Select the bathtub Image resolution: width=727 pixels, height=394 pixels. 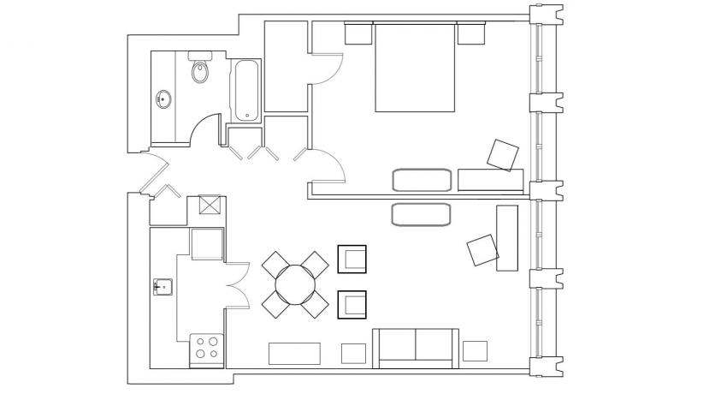pos(246,90)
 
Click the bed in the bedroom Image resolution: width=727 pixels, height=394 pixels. pos(415,69)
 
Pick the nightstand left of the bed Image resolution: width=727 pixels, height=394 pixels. pos(358,33)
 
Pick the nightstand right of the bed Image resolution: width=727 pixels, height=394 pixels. pos(470,33)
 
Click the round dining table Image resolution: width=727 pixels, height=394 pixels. pos(295,284)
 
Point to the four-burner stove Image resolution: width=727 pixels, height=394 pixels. pos(206,348)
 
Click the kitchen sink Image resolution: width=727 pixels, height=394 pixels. pos(163,286)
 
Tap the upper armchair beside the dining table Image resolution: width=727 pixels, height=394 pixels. pos(352,259)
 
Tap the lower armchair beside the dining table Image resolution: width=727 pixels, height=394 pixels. pos(352,304)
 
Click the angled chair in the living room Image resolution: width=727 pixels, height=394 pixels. pos(482,250)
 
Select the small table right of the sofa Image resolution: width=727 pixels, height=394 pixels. pos(475,350)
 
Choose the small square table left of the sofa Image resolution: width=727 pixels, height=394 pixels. pos(352,352)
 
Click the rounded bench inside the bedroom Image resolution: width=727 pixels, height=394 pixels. pos(421,180)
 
